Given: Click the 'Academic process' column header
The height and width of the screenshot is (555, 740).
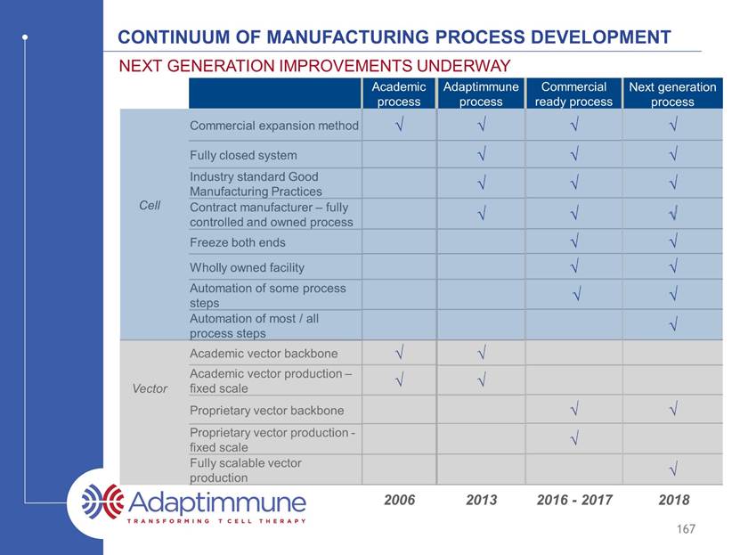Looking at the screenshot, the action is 399,94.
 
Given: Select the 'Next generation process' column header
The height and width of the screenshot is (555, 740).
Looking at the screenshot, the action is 672,94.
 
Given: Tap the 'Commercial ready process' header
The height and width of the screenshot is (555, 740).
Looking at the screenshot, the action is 573,94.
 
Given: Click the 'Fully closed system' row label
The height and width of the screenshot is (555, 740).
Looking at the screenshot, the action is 243,155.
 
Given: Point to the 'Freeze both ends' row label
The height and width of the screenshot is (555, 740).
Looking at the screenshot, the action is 238,242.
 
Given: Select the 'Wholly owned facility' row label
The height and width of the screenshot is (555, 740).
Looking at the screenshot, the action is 247,267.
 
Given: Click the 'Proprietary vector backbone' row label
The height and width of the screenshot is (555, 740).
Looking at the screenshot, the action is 266,411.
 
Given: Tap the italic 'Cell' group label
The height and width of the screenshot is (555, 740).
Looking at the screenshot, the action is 150,205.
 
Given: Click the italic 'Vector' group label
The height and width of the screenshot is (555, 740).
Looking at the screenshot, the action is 150,388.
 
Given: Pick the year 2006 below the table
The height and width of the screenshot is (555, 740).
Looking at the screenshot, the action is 399,500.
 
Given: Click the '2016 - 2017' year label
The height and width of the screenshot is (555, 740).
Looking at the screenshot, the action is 574,500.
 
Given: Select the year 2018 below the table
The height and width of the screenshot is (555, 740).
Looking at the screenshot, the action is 674,500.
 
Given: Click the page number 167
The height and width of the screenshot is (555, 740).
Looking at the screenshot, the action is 686,529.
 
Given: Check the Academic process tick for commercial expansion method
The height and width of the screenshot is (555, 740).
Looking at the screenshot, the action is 400,125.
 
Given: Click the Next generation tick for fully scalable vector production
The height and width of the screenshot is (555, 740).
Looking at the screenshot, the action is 674,469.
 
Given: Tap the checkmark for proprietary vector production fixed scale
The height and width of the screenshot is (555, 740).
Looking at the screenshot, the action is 574,439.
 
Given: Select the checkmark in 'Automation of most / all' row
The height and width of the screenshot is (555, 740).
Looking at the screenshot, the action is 674,324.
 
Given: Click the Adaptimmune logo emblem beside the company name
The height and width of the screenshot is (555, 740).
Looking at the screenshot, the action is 102,502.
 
